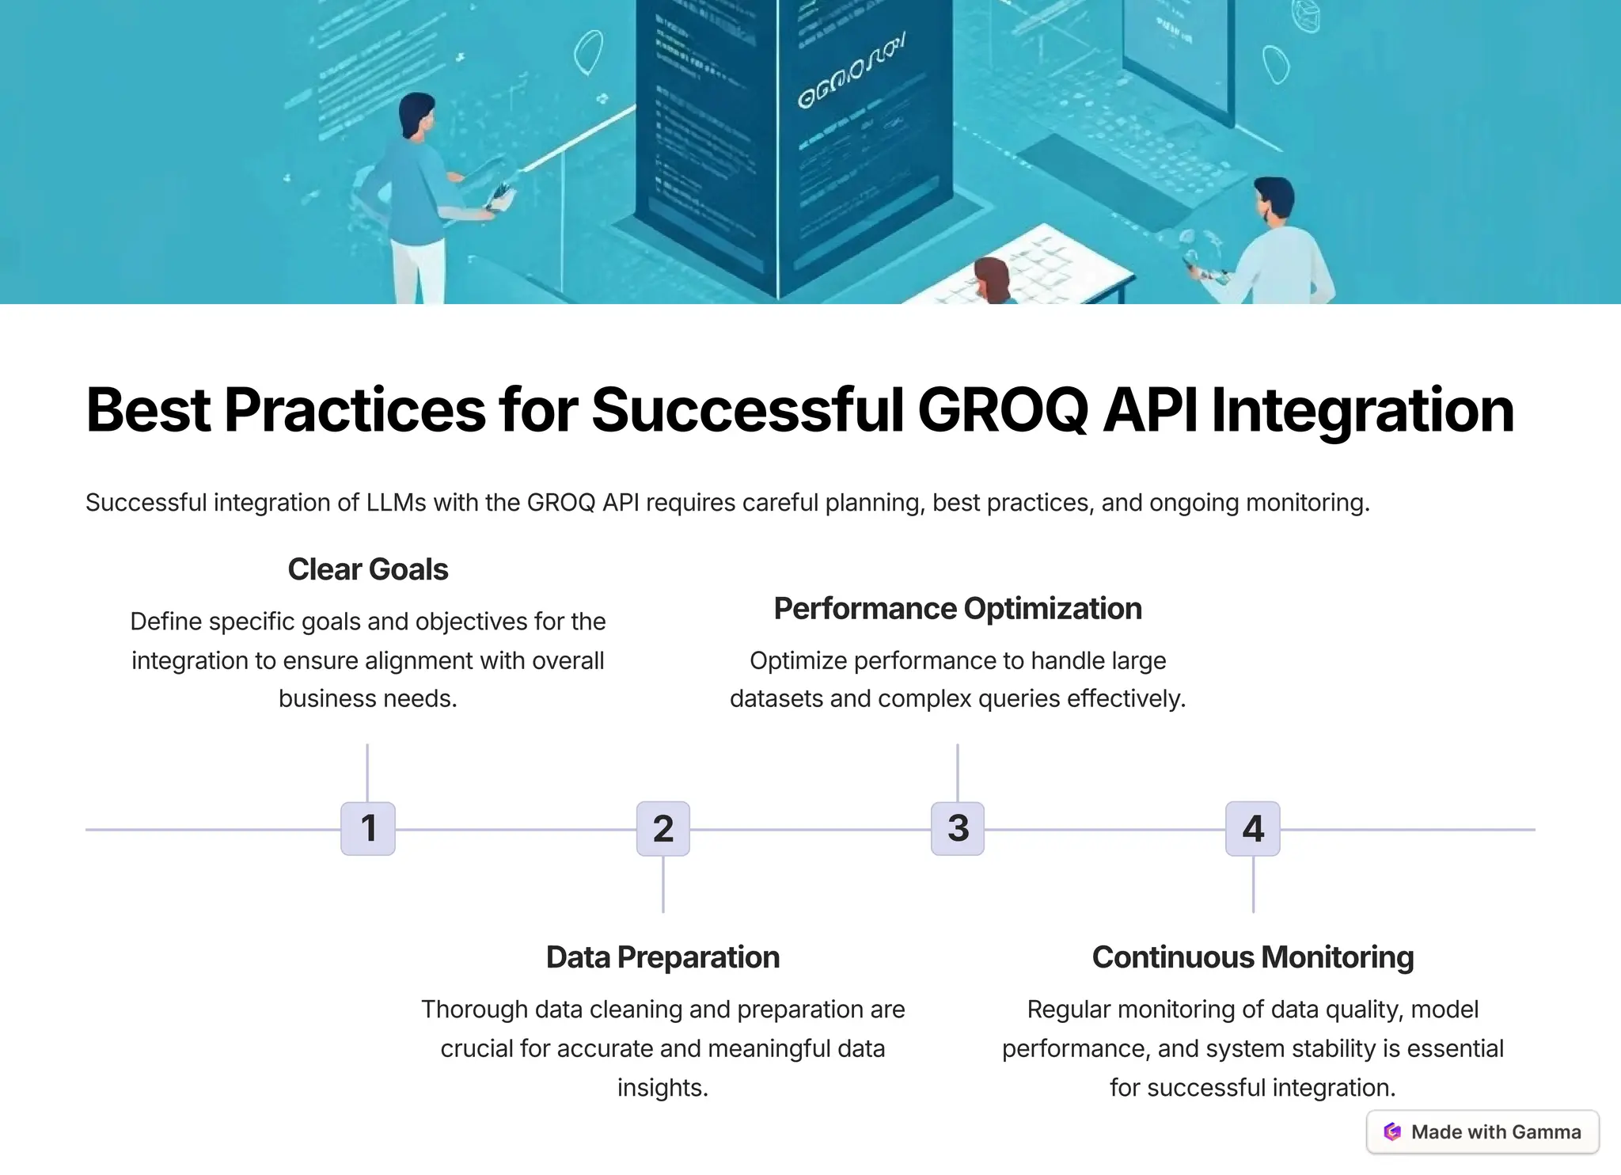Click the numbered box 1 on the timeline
[x=368, y=828]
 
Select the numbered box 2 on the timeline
[x=663, y=828]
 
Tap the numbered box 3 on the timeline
[x=958, y=828]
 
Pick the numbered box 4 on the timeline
[x=1253, y=828]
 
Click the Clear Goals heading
[x=368, y=569]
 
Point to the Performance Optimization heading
[x=958, y=609]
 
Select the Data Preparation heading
[x=663, y=957]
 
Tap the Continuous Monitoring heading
[x=1253, y=957]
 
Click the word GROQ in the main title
[x=1004, y=410]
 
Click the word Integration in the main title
[x=1363, y=410]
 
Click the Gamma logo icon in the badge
[x=1392, y=1131]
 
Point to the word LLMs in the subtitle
[x=396, y=503]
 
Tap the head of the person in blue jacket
[x=416, y=115]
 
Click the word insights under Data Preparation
[x=662, y=1088]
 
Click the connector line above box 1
[x=368, y=772]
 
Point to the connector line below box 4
[x=1253, y=884]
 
